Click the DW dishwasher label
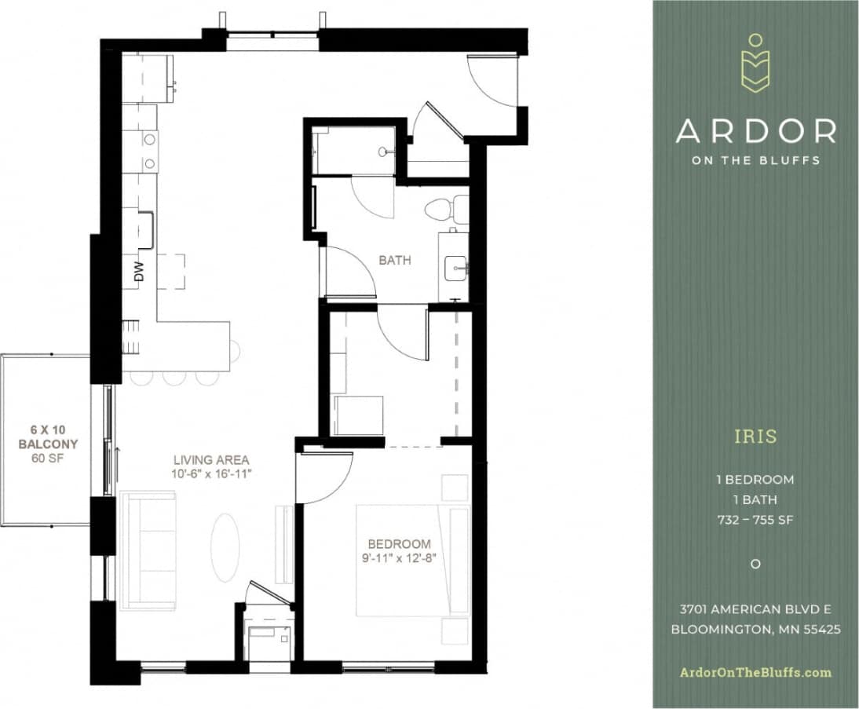point(140,272)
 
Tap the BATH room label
point(394,261)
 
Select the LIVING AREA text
point(212,459)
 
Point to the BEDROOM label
point(400,543)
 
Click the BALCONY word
point(45,444)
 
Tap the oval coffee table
point(225,547)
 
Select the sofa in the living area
point(148,550)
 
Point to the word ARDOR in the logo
point(755,131)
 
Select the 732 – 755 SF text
point(755,519)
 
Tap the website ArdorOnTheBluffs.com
point(755,672)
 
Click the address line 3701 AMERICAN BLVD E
point(755,609)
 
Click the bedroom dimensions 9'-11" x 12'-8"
point(400,558)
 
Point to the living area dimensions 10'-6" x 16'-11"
point(212,474)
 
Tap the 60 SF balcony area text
point(45,458)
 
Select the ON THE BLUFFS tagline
point(755,160)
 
